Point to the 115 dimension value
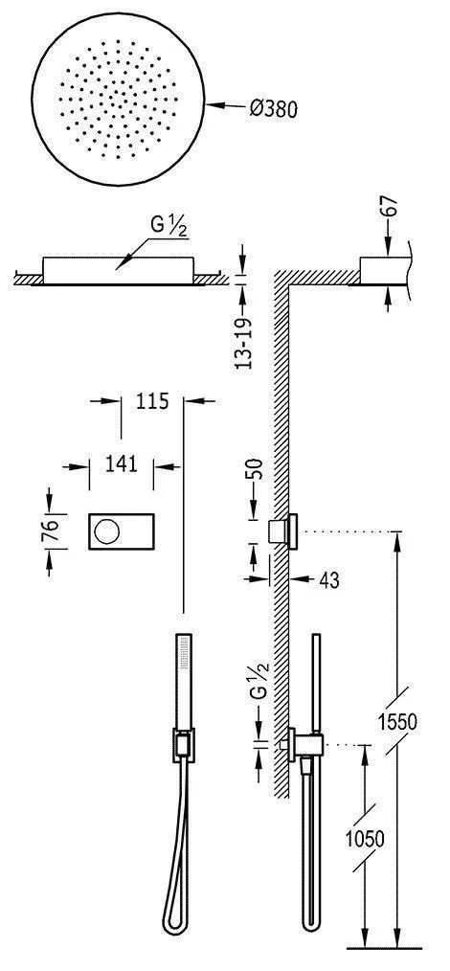click(152, 402)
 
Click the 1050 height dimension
click(364, 839)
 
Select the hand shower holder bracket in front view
click(180, 744)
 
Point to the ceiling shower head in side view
click(383, 269)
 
